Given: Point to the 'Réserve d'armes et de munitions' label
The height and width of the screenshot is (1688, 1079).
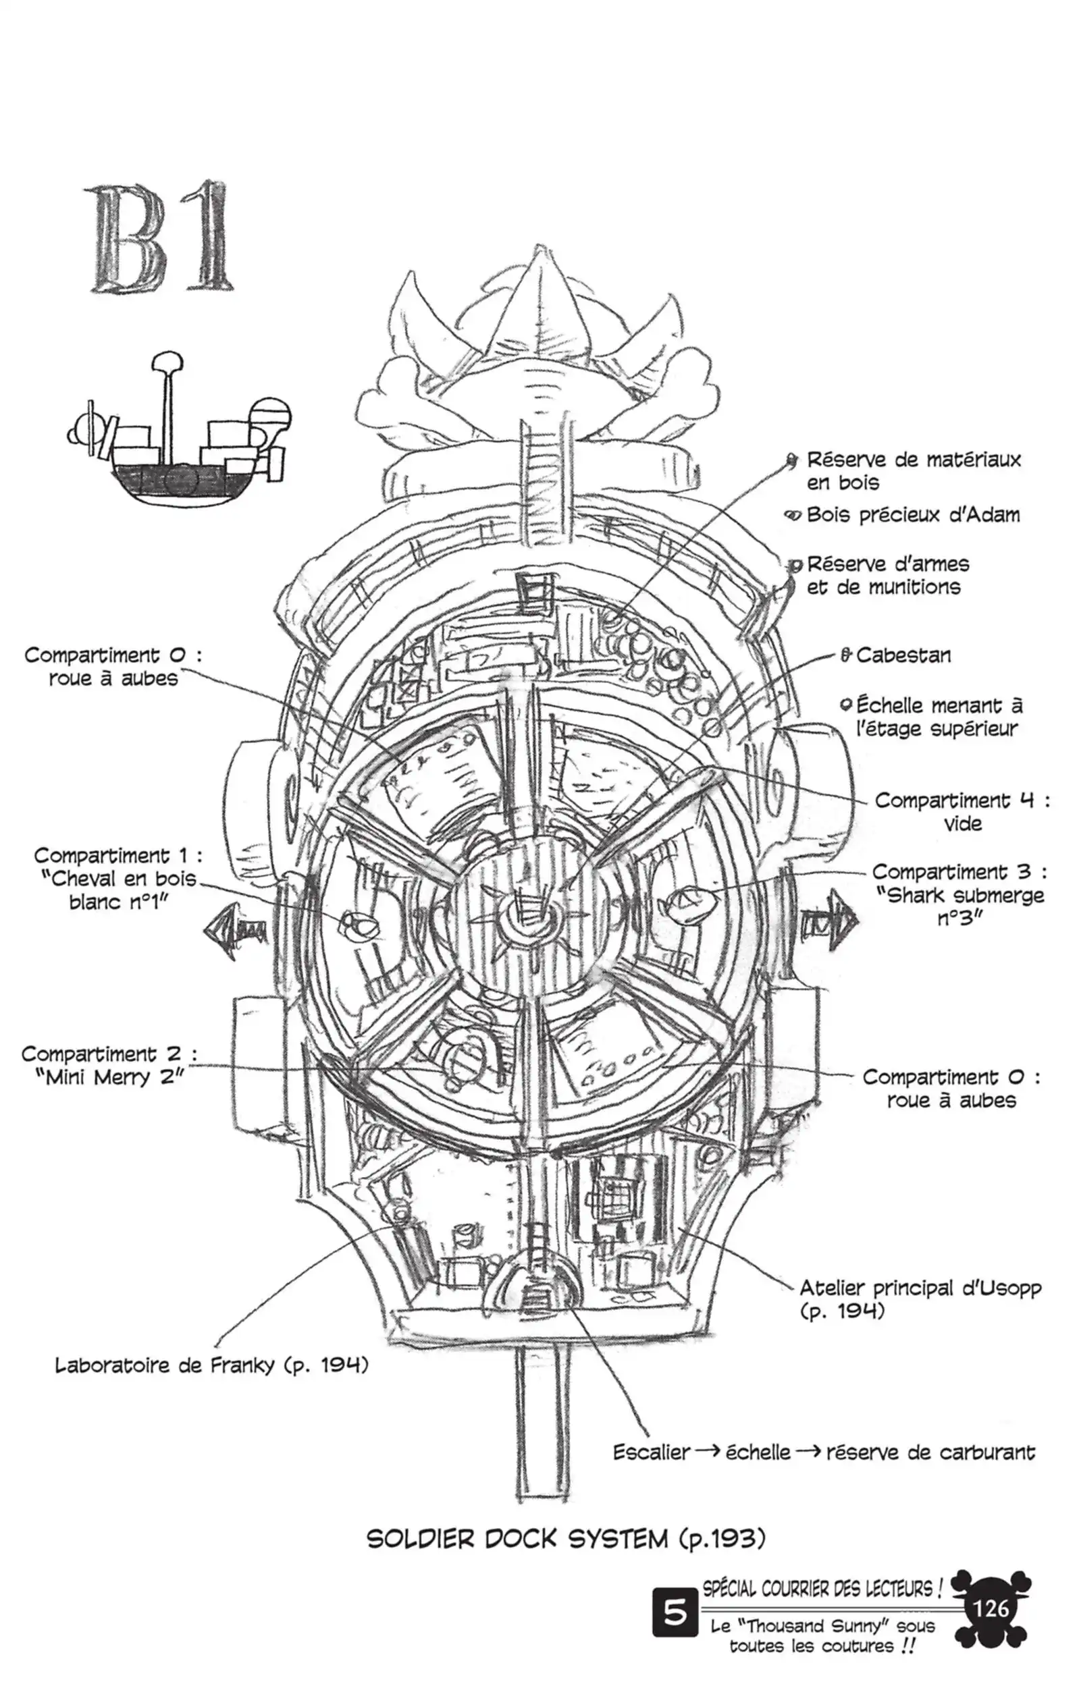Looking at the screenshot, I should pyautogui.click(x=887, y=576).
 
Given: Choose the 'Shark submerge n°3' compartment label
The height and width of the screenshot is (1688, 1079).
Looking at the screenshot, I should pyautogui.click(x=959, y=895).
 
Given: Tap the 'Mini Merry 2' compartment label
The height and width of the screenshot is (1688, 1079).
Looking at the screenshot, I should pyautogui.click(x=109, y=1066).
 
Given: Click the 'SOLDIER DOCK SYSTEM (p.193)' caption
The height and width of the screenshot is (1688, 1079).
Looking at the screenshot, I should pyautogui.click(x=565, y=1539).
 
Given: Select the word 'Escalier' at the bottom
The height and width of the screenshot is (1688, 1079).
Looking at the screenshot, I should pyautogui.click(x=652, y=1452).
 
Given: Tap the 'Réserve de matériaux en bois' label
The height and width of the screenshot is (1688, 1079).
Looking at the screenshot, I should pyautogui.click(x=913, y=471).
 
